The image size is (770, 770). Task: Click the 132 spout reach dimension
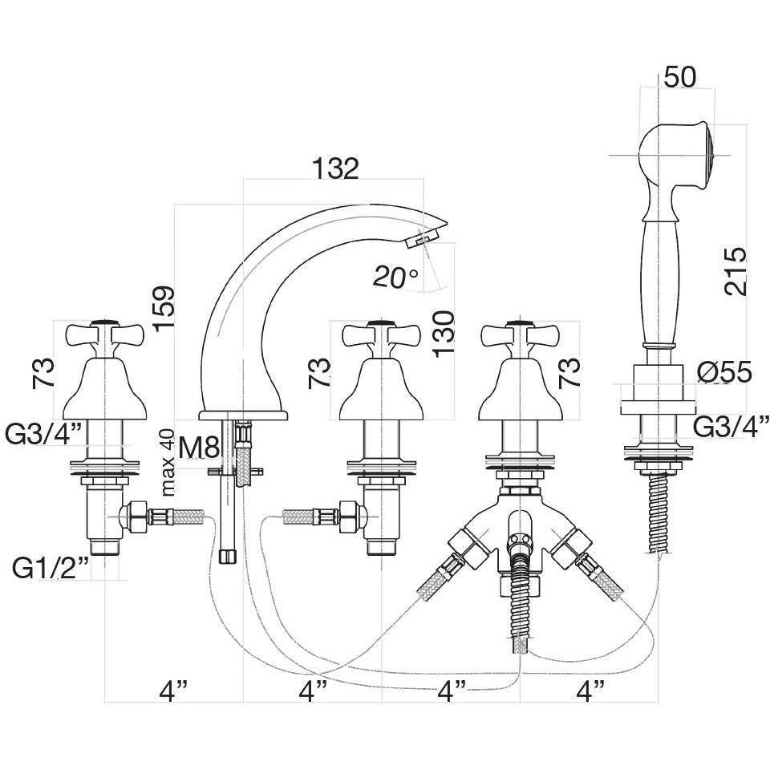click(334, 168)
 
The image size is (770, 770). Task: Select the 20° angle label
click(395, 277)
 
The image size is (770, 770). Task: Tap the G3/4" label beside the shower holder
click(731, 426)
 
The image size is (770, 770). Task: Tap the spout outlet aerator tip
click(424, 238)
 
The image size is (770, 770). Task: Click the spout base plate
click(243, 415)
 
